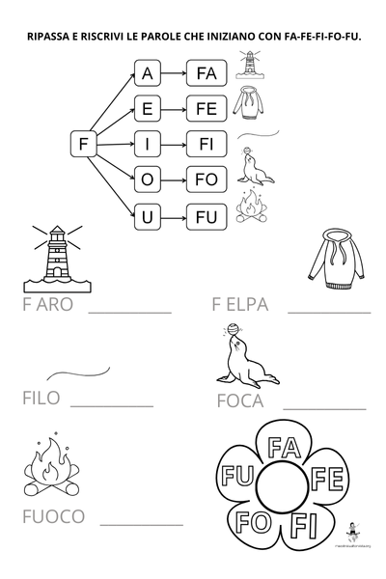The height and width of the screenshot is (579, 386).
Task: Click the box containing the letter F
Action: pos(84,145)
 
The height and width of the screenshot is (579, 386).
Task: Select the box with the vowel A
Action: pos(147,73)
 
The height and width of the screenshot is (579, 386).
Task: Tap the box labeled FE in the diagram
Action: pos(207,109)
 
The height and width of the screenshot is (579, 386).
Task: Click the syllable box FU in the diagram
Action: pos(207,217)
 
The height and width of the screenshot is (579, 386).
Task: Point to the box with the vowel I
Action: pos(147,145)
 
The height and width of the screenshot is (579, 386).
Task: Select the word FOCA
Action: pos(240,401)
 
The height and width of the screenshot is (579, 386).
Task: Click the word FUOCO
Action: pos(52,516)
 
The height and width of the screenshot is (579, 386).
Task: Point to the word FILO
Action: pos(41,398)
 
